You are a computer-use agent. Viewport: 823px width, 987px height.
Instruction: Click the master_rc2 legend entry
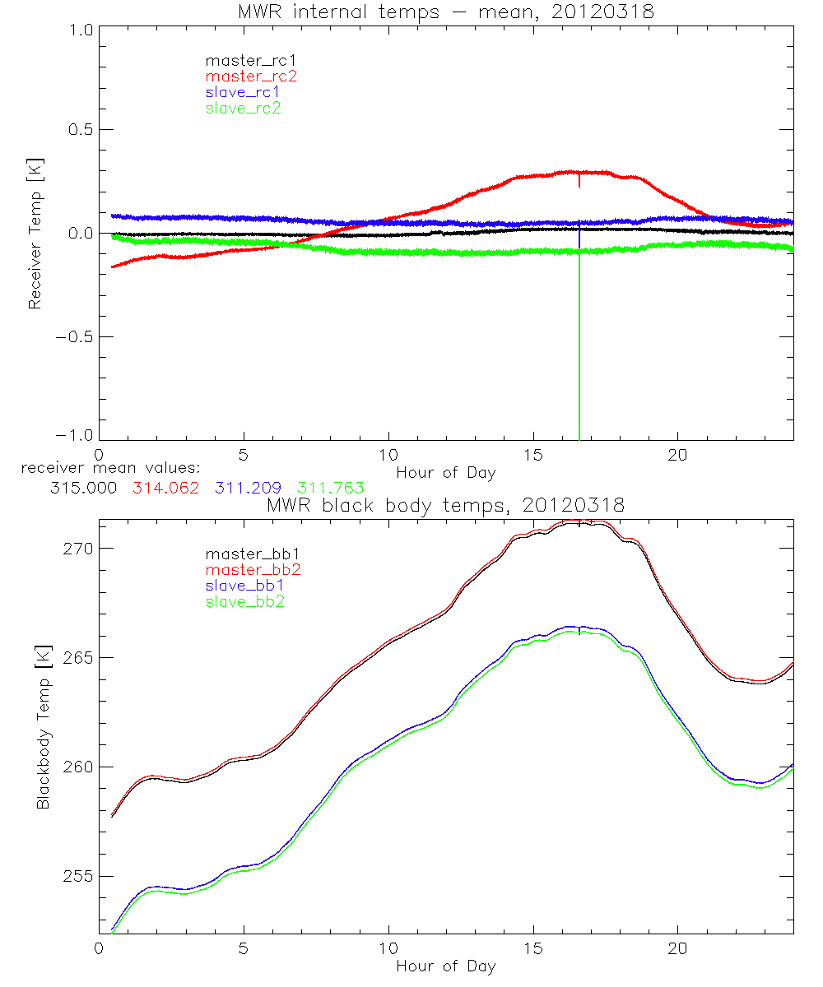[x=251, y=76]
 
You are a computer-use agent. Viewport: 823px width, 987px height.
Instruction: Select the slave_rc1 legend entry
[x=243, y=92]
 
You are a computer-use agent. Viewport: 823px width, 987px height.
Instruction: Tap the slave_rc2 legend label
[x=243, y=108]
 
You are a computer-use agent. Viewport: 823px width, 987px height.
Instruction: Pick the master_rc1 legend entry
[x=251, y=61]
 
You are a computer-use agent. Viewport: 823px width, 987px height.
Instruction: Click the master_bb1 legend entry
[x=251, y=554]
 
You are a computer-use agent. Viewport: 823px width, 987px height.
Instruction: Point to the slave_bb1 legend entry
[x=243, y=586]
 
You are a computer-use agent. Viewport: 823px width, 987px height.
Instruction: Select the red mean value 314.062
[x=165, y=488]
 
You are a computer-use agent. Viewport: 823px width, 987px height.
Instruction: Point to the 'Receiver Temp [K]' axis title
[x=35, y=233]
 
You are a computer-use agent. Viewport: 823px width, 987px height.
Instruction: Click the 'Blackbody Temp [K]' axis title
[x=42, y=727]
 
